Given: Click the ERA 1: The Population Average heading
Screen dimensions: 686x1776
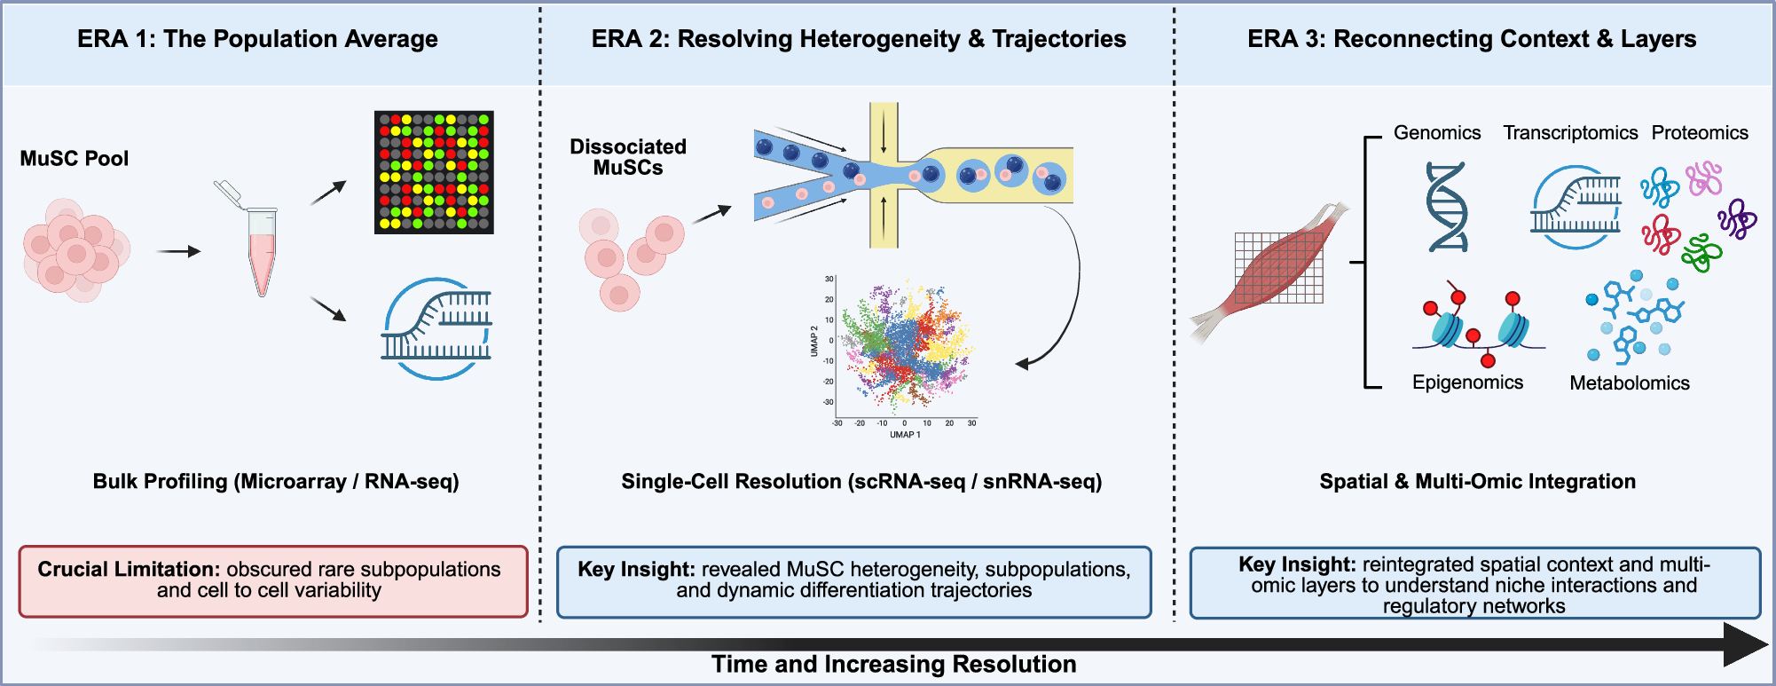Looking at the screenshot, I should pos(257,39).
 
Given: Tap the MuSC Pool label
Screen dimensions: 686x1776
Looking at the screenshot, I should pos(75,159).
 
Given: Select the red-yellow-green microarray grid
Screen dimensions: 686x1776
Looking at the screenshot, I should pos(434,172).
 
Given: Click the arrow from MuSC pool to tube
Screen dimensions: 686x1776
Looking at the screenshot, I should pos(178,252).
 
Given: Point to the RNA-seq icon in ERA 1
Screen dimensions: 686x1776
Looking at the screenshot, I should pos(436,329).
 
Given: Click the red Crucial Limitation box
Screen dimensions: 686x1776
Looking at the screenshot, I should pos(273,581).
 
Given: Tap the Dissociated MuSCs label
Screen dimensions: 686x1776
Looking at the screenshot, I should pos(628,157).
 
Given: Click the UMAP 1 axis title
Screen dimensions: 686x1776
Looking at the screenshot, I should pos(905,435).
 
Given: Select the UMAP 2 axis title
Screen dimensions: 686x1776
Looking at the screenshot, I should pos(814,342).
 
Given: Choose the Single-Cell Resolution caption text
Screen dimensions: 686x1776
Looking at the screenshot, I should pos(861,482).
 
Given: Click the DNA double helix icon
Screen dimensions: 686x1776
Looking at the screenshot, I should pos(1447,207).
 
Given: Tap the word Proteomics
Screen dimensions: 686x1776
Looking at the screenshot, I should pos(1699,133).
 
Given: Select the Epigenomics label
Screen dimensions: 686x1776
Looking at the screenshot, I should pos(1467,382).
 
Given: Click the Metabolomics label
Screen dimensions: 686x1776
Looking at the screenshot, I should pos(1629,383).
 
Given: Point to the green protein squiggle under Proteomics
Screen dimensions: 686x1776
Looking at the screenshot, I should pos(1701,253).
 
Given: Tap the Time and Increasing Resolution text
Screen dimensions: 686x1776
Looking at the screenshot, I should pos(893,664).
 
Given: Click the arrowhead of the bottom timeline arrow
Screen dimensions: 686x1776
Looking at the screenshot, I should pos(1744,645).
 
